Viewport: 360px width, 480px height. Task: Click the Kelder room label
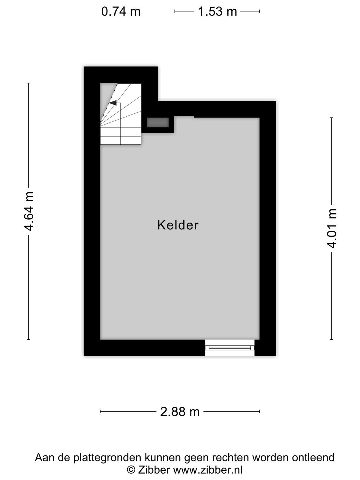pyautogui.click(x=178, y=225)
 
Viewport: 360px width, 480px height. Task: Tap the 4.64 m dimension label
pyautogui.click(x=29, y=211)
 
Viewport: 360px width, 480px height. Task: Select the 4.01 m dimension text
pyautogui.click(x=331, y=229)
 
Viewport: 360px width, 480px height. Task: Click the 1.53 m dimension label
pyautogui.click(x=217, y=11)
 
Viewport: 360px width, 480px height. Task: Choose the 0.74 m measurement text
pyautogui.click(x=121, y=11)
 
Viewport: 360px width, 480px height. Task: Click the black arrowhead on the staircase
pyautogui.click(x=113, y=103)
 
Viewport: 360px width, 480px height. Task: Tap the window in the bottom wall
pyautogui.click(x=229, y=348)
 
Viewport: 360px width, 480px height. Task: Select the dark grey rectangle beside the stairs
pyautogui.click(x=157, y=122)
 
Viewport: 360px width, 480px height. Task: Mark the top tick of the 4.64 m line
pyautogui.click(x=28, y=83)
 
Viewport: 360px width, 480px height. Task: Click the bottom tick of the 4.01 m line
pyautogui.click(x=331, y=340)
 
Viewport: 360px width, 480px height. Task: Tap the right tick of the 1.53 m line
pyautogui.click(x=260, y=11)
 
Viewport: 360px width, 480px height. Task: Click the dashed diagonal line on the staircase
pyautogui.click(x=109, y=103)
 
